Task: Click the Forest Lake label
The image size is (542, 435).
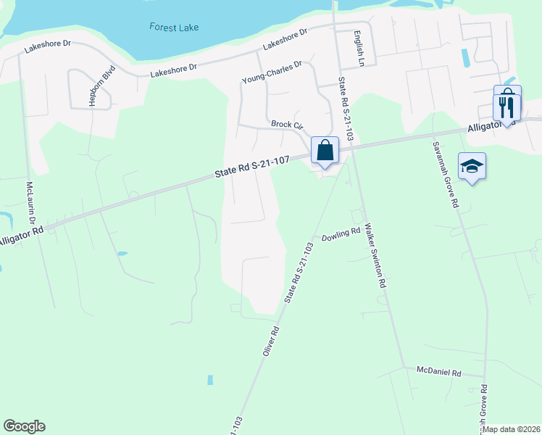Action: (174, 27)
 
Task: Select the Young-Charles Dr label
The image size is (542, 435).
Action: (272, 73)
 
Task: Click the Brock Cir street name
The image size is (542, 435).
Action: (286, 125)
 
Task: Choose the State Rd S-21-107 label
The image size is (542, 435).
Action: (253, 167)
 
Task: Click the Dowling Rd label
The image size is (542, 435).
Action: (341, 235)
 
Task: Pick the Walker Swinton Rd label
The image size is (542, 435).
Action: (375, 256)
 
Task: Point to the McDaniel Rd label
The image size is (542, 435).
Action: (439, 372)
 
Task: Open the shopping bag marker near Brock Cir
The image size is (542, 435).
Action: (325, 151)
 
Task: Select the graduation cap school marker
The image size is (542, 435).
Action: (472, 167)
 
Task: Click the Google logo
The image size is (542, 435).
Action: (24, 426)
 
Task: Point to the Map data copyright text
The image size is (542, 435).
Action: (511, 429)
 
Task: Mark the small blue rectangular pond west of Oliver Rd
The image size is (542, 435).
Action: (210, 380)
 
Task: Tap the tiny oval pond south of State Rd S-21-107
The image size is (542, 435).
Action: (121, 254)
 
